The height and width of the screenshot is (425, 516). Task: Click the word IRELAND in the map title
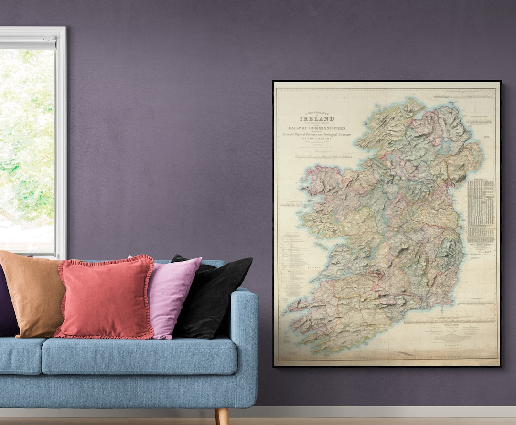coord(317,118)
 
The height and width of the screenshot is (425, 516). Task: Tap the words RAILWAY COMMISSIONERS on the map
coord(317,128)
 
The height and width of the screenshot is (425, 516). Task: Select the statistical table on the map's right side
coord(481,211)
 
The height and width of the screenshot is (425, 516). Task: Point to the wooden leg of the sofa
coord(221,416)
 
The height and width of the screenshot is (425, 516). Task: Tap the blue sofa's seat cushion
coord(139,356)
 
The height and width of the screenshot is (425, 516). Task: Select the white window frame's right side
coord(61,143)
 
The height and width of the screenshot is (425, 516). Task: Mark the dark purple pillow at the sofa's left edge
coord(7,301)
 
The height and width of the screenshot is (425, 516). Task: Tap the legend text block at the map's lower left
coord(291,263)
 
